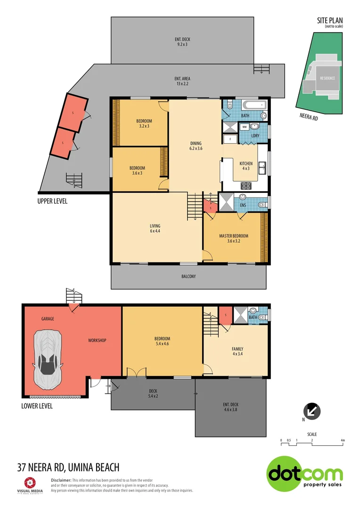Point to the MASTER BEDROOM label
click(233, 238)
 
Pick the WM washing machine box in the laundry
click(245, 127)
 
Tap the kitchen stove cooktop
click(246, 185)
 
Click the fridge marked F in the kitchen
click(230, 139)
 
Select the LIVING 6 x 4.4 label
click(155, 229)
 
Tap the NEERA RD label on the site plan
click(309, 117)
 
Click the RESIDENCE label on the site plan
click(327, 78)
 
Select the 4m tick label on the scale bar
click(343, 441)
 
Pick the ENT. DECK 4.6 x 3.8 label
click(231, 407)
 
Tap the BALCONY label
click(188, 276)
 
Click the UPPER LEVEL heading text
click(52, 201)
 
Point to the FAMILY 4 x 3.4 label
click(237, 352)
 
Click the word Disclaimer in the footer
click(60, 479)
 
